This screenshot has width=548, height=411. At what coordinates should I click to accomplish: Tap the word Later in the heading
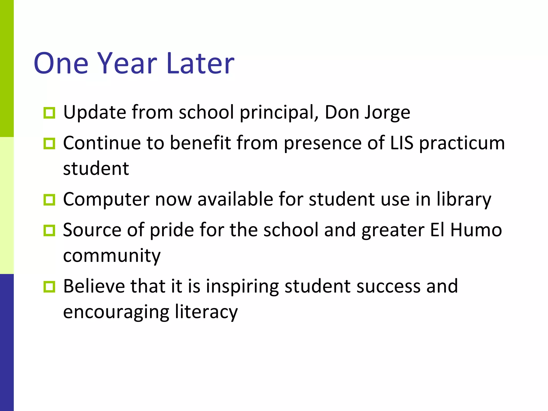point(200,63)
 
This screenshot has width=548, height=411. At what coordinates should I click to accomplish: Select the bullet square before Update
point(49,113)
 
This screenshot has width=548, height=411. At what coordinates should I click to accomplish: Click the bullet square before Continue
point(49,143)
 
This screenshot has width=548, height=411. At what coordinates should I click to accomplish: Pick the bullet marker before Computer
point(49,200)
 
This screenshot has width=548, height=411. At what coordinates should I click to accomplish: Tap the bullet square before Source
point(49,230)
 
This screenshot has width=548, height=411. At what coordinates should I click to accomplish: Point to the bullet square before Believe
point(49,287)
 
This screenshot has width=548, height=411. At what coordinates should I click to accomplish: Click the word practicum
point(462,143)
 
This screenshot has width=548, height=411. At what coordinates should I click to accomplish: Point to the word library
point(464,200)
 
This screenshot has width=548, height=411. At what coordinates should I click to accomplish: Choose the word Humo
point(476,230)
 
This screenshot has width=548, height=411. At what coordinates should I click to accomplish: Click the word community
point(112,256)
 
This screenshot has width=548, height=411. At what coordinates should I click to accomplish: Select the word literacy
point(206,312)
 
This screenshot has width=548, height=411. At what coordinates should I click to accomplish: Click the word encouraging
point(116,312)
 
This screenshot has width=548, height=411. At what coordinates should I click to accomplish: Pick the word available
point(235,199)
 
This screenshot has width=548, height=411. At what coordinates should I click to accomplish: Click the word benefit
point(200,143)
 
